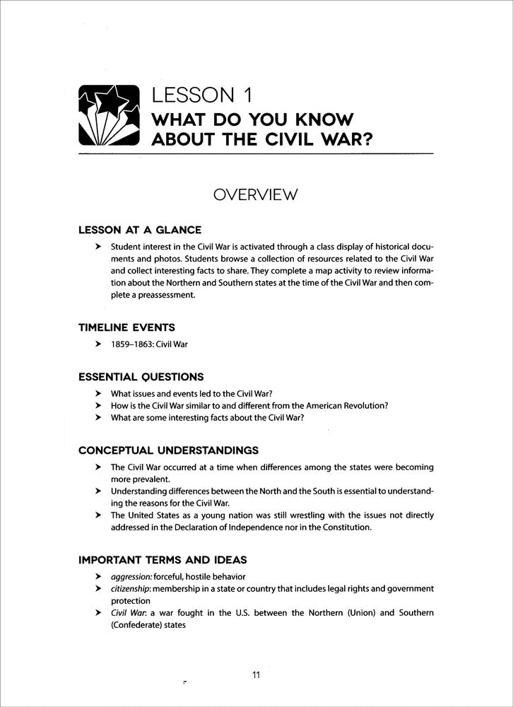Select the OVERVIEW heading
click(x=256, y=194)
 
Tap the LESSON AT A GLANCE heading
click(x=140, y=230)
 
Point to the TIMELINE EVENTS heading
click(x=126, y=327)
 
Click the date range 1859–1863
click(x=133, y=345)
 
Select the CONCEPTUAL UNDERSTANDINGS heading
click(x=167, y=450)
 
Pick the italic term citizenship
click(x=131, y=589)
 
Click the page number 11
click(x=256, y=674)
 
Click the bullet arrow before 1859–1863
click(x=98, y=345)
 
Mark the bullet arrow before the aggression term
click(x=98, y=577)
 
